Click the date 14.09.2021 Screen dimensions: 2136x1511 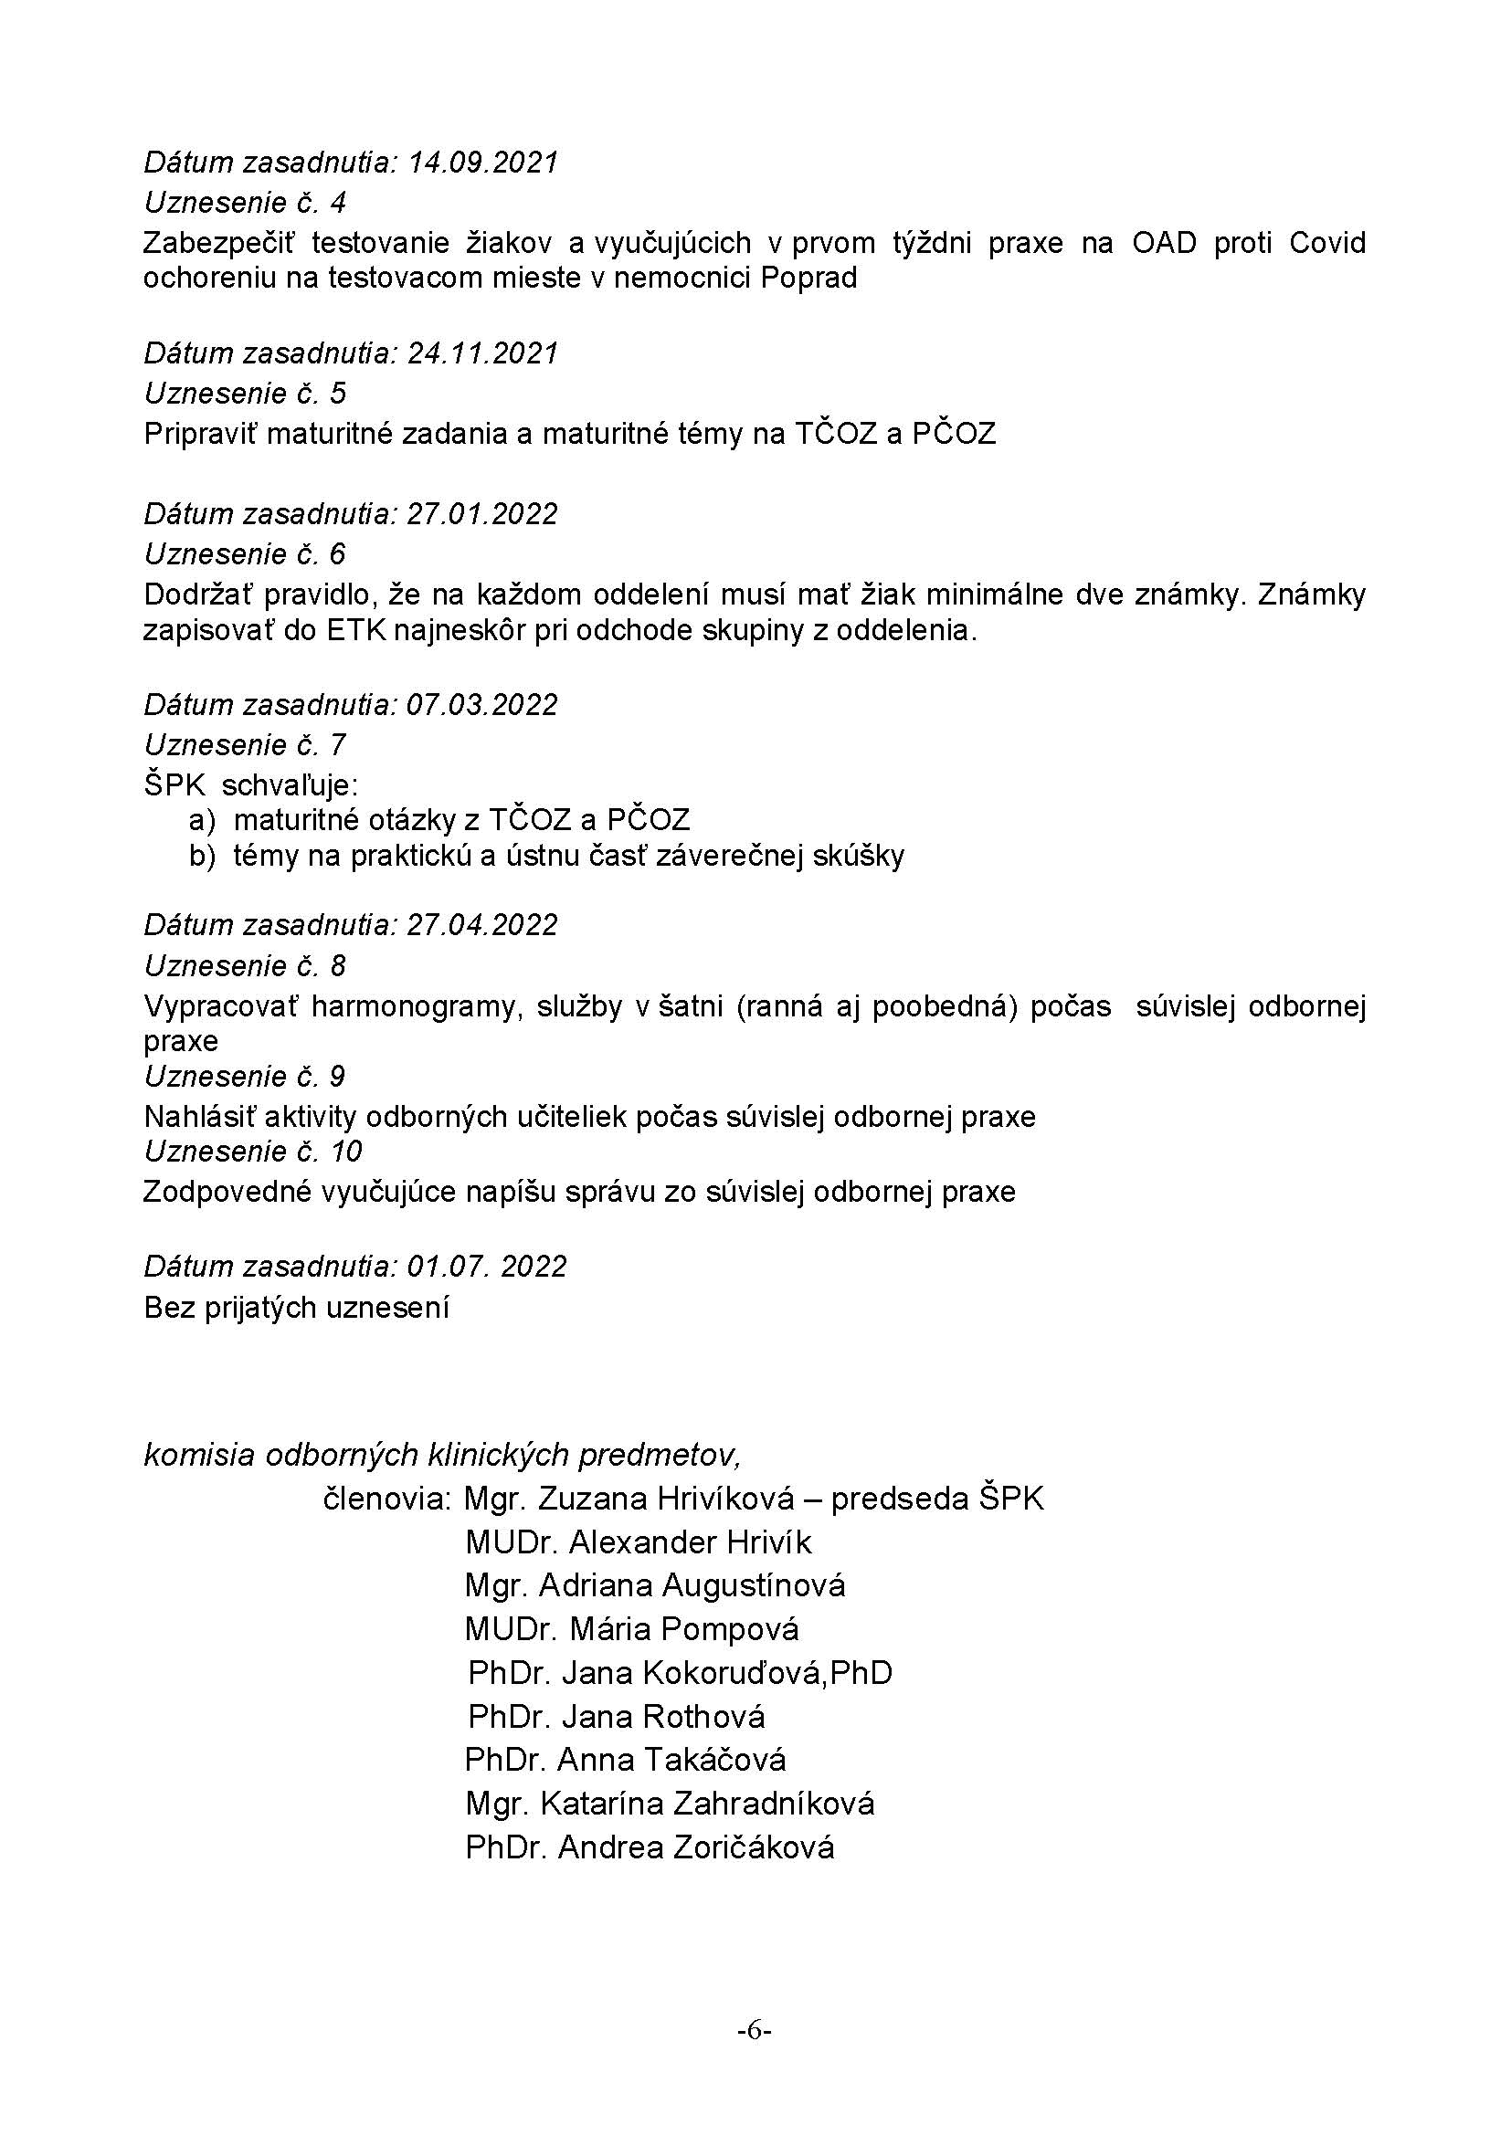tap(483, 163)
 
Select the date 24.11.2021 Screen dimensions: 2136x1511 tap(483, 353)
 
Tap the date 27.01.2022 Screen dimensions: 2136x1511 tap(483, 513)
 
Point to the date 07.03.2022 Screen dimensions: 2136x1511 tap(483, 704)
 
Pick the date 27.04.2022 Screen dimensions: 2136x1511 tap(483, 925)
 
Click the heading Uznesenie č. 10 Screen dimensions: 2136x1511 tap(253, 1152)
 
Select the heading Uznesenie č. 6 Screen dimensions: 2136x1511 tap(245, 554)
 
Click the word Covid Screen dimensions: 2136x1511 tap(1326, 243)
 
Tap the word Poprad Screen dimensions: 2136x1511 tap(808, 279)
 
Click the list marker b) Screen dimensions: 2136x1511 tap(203, 856)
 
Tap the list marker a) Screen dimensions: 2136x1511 tap(203, 821)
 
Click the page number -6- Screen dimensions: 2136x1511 tap(755, 2030)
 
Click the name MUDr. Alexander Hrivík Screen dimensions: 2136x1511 tap(639, 1542)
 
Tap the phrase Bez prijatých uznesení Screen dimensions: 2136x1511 tap(297, 1308)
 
